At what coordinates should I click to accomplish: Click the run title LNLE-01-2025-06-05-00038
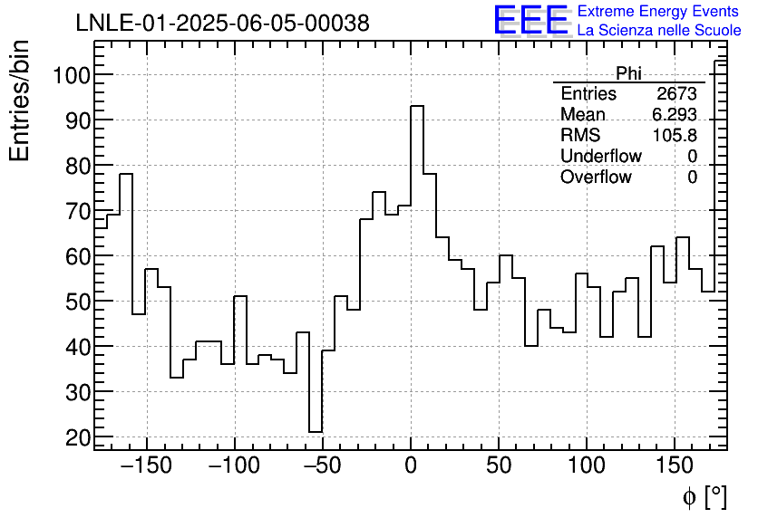[x=222, y=24]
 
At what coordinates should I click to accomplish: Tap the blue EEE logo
[x=530, y=20]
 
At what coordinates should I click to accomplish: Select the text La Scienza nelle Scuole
[x=659, y=31]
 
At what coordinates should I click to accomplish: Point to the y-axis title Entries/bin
[x=20, y=101]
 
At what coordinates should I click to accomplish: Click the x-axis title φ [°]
[x=705, y=496]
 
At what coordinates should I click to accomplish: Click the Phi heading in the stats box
[x=628, y=73]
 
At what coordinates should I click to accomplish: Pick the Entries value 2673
[x=676, y=94]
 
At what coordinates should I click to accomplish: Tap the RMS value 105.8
[x=675, y=136]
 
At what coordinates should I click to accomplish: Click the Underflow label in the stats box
[x=601, y=157]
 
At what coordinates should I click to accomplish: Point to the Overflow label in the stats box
[x=596, y=177]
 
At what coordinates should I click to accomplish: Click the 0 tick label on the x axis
[x=410, y=466]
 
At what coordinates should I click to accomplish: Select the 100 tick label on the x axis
[x=586, y=466]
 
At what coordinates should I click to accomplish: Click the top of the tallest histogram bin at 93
[x=417, y=106]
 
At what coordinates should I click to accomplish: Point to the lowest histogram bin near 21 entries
[x=316, y=432]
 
